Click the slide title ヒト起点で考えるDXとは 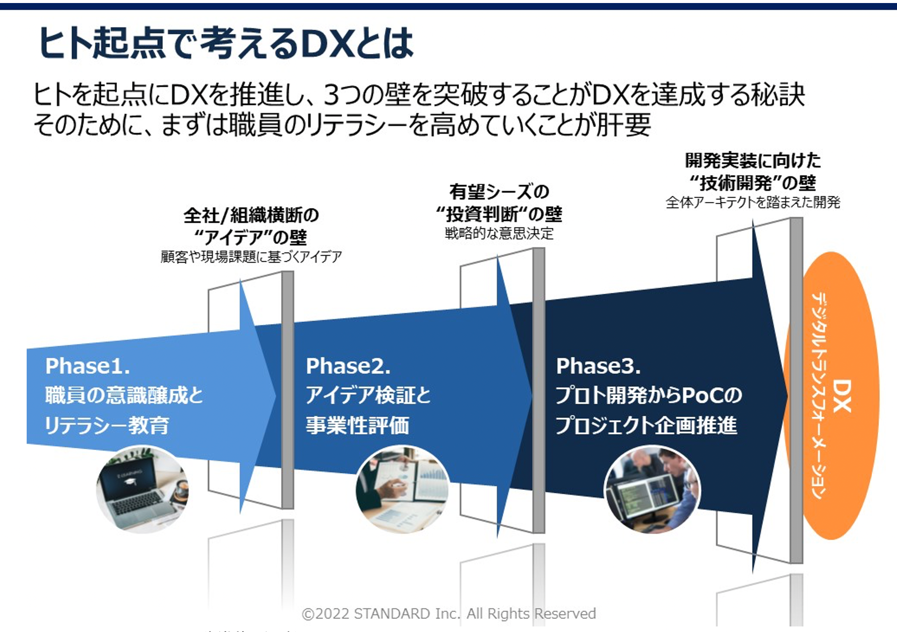tap(226, 43)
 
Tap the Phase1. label tap(88, 366)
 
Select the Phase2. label tap(348, 366)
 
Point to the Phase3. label tap(598, 366)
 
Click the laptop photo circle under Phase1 tap(142, 489)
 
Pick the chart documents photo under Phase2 tap(402, 489)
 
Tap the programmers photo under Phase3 tap(652, 489)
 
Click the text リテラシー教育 tap(107, 425)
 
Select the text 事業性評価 tap(357, 425)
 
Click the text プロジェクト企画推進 tap(646, 425)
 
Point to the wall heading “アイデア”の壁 tap(250, 237)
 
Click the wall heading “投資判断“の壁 tap(499, 214)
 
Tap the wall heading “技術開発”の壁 tap(752, 182)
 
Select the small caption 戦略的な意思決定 tap(499, 233)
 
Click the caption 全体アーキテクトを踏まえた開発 tap(752, 203)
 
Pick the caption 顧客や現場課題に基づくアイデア tap(251, 257)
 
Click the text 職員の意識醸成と tap(124, 396)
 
